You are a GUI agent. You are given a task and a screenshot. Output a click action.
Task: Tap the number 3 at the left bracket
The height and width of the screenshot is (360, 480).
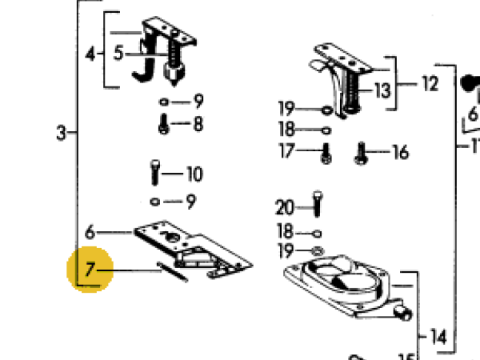tap(62, 134)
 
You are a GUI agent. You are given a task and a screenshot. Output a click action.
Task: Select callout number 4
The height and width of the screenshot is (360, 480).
tap(90, 54)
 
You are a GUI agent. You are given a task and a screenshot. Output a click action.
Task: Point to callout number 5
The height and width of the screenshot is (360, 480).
tap(118, 54)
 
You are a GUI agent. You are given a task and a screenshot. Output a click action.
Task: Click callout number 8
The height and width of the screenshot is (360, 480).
tap(197, 124)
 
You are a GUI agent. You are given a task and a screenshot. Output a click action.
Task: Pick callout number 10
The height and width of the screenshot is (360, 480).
tap(194, 173)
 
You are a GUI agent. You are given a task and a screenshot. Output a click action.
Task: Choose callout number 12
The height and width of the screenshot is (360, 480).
tap(430, 82)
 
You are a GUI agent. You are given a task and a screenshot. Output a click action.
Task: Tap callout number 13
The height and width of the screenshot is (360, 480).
tap(382, 90)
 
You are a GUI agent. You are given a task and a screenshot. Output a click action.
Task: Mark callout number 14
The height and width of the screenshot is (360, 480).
tap(437, 336)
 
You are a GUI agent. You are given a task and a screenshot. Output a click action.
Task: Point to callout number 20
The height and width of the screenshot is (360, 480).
tap(285, 208)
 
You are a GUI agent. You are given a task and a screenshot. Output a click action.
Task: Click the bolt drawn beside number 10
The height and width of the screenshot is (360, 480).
tap(155, 172)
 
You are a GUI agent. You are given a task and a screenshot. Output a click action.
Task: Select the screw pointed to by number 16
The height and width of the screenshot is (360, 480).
tap(359, 152)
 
